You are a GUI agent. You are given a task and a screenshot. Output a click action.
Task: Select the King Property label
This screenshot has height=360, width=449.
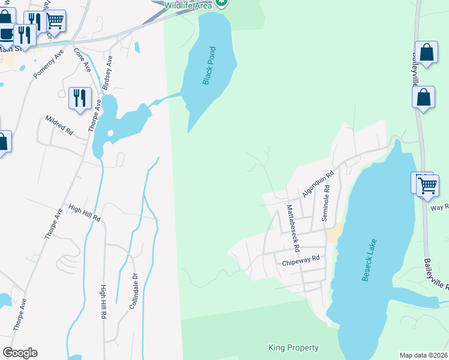tap(293, 348)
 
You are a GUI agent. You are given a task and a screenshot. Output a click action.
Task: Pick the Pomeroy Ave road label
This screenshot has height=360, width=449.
tap(49, 64)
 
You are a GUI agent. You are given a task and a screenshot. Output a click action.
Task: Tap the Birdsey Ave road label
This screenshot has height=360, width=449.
tap(107, 73)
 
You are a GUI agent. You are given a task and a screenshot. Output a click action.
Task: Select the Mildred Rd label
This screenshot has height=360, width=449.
tap(59, 125)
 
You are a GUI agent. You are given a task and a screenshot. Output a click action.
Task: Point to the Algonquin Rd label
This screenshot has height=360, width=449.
tap(318, 184)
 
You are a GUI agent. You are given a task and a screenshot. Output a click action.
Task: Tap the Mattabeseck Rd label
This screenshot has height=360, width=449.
tap(292, 227)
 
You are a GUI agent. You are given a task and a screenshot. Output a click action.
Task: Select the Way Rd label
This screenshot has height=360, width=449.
tap(439, 207)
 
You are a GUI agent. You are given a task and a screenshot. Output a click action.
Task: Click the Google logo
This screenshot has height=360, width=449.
tap(20, 353)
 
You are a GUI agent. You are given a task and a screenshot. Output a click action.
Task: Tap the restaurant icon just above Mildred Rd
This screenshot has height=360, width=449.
tap(79, 97)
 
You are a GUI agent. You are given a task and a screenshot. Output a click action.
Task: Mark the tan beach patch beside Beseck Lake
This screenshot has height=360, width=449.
tap(334, 233)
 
